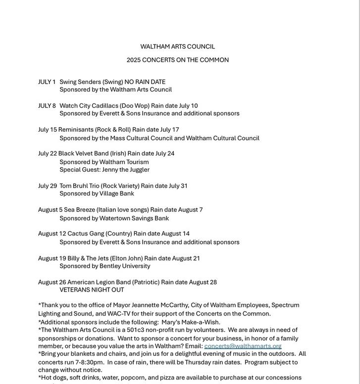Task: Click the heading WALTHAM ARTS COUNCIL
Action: (x=177, y=47)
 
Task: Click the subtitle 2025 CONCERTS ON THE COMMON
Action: (x=177, y=60)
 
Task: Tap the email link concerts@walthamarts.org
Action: (x=243, y=346)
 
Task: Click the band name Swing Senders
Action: (x=80, y=82)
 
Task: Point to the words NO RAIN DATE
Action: (x=145, y=82)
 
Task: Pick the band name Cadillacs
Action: (x=105, y=105)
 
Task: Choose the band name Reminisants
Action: (x=76, y=130)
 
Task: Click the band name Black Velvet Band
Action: (x=83, y=153)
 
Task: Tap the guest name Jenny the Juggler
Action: (x=126, y=169)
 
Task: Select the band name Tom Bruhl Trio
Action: (x=79, y=186)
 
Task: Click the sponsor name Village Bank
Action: (x=116, y=193)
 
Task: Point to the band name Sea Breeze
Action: (x=79, y=210)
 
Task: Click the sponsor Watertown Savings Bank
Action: (x=134, y=218)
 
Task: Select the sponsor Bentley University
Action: (x=125, y=266)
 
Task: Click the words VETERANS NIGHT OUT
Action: (x=92, y=290)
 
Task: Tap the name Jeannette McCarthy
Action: (x=160, y=305)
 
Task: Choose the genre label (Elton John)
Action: (x=126, y=258)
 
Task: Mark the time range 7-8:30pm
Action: (x=90, y=362)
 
